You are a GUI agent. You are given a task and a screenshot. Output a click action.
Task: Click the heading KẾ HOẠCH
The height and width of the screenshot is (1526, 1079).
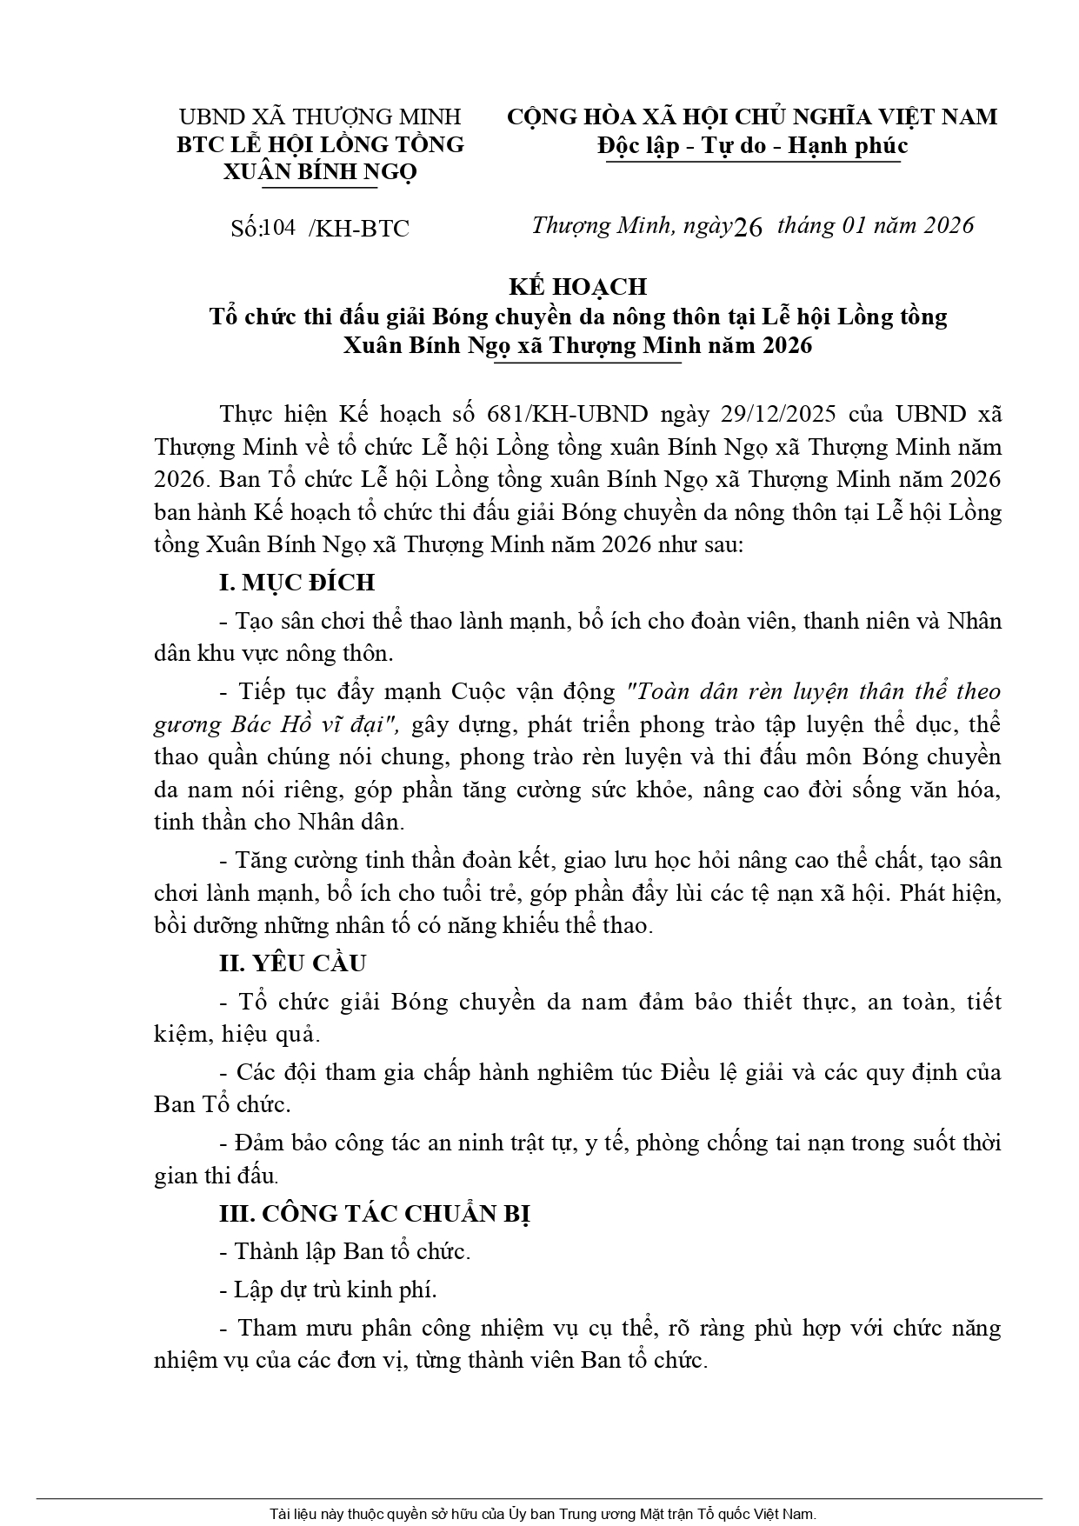577,286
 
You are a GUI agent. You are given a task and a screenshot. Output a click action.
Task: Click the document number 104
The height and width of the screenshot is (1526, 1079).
278,228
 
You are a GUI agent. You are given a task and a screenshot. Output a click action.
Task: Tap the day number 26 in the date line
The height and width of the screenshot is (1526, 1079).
748,228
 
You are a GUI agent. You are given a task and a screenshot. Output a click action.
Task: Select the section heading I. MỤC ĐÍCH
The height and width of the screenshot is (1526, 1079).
296,583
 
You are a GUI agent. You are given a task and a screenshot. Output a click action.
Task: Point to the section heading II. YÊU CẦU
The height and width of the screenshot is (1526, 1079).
293,963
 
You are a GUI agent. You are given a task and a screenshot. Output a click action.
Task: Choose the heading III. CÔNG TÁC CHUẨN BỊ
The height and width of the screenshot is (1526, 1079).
375,1214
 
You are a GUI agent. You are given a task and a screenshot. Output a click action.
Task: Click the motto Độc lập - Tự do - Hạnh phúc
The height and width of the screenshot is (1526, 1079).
752,145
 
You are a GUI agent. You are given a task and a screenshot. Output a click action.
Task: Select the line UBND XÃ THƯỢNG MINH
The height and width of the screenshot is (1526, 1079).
320,117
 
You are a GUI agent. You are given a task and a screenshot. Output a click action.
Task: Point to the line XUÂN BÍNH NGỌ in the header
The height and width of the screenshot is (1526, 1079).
320,171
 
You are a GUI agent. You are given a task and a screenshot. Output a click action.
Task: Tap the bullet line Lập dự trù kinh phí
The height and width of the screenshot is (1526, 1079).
336,1289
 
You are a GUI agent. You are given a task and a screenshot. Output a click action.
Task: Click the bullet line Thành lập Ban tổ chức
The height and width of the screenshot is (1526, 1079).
352,1252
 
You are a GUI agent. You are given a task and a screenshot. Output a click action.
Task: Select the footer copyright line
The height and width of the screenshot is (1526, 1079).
543,1514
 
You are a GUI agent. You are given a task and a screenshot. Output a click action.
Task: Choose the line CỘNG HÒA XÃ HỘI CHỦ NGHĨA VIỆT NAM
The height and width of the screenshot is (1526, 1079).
752,117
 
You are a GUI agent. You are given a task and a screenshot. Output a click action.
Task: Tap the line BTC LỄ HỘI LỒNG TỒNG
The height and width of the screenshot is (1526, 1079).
320,144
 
